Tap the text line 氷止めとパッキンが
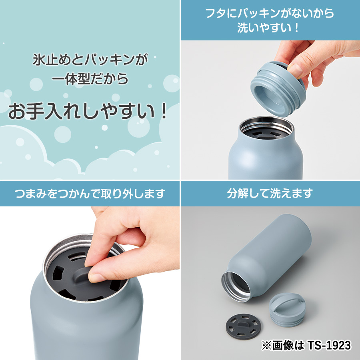coord(90,61)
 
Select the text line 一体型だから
coord(90,79)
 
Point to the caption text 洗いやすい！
coord(270,28)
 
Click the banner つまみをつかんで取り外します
coord(90,194)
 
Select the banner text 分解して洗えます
coord(270,194)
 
